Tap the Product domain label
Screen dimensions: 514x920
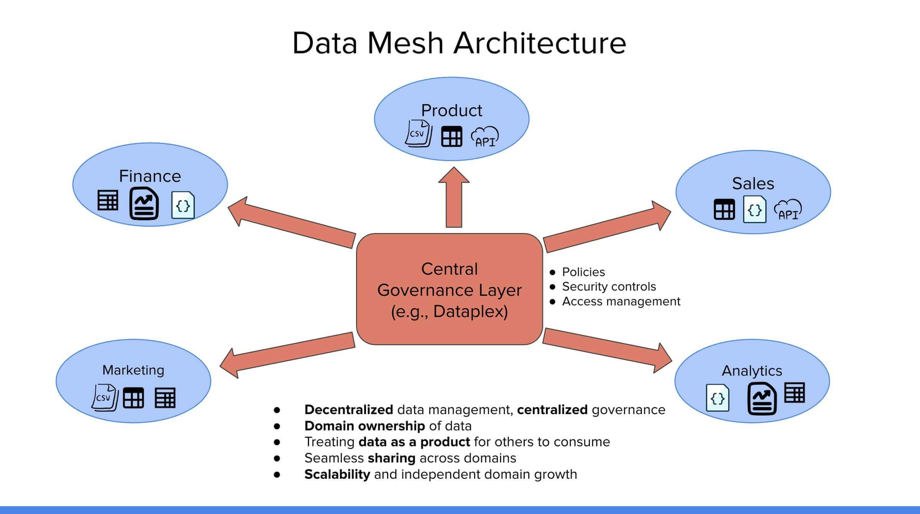tap(451, 111)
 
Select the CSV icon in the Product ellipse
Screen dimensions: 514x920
tap(418, 133)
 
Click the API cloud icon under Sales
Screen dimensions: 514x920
tap(788, 210)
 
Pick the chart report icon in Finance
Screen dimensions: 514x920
tap(144, 203)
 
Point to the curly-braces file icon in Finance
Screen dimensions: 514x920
tap(183, 205)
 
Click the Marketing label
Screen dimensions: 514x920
tap(133, 370)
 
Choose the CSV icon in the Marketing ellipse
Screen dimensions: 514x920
tap(105, 398)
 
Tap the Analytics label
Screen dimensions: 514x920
tap(752, 371)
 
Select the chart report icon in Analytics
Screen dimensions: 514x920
tap(762, 399)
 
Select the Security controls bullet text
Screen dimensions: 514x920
tap(609, 286)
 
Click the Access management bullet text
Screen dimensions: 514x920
tap(621, 301)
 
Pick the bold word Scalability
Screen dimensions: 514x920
tap(337, 475)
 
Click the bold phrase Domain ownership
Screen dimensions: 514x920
tap(364, 426)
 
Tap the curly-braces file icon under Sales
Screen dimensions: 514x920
tap(754, 210)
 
